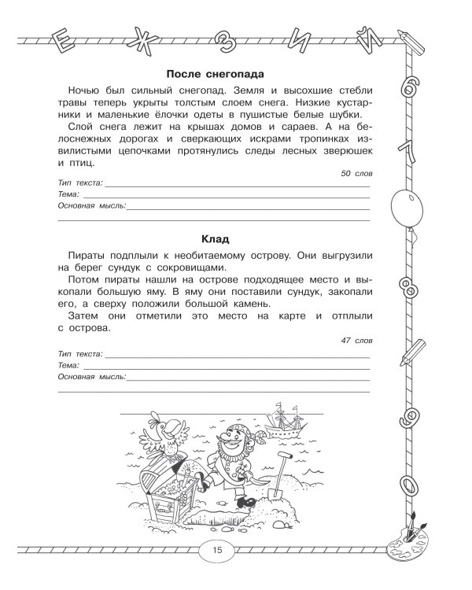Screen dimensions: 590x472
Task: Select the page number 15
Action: [x=217, y=550]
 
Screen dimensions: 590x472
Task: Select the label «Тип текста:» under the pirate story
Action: [x=81, y=356]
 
